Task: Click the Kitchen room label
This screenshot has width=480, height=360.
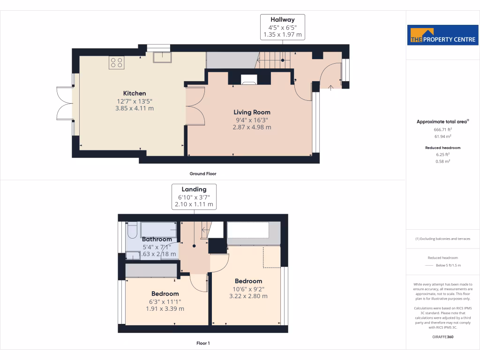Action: (135, 93)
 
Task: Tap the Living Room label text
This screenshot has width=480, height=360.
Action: (252, 112)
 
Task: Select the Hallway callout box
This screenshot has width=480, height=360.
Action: (283, 27)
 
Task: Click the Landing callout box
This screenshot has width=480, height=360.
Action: (194, 197)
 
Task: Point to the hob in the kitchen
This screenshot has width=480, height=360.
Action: (116, 62)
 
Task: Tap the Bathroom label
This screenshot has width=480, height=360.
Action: (157, 240)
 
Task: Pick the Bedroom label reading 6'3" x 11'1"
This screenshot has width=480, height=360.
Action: (165, 294)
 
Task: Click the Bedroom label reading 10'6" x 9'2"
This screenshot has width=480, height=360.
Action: (248, 281)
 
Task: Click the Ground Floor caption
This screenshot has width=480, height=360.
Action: (203, 173)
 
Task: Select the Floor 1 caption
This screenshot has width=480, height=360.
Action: (203, 343)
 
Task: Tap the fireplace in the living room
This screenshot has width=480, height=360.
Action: (249, 79)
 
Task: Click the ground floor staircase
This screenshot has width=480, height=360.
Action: (275, 60)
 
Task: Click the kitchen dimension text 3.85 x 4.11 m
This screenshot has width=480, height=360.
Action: (135, 108)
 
